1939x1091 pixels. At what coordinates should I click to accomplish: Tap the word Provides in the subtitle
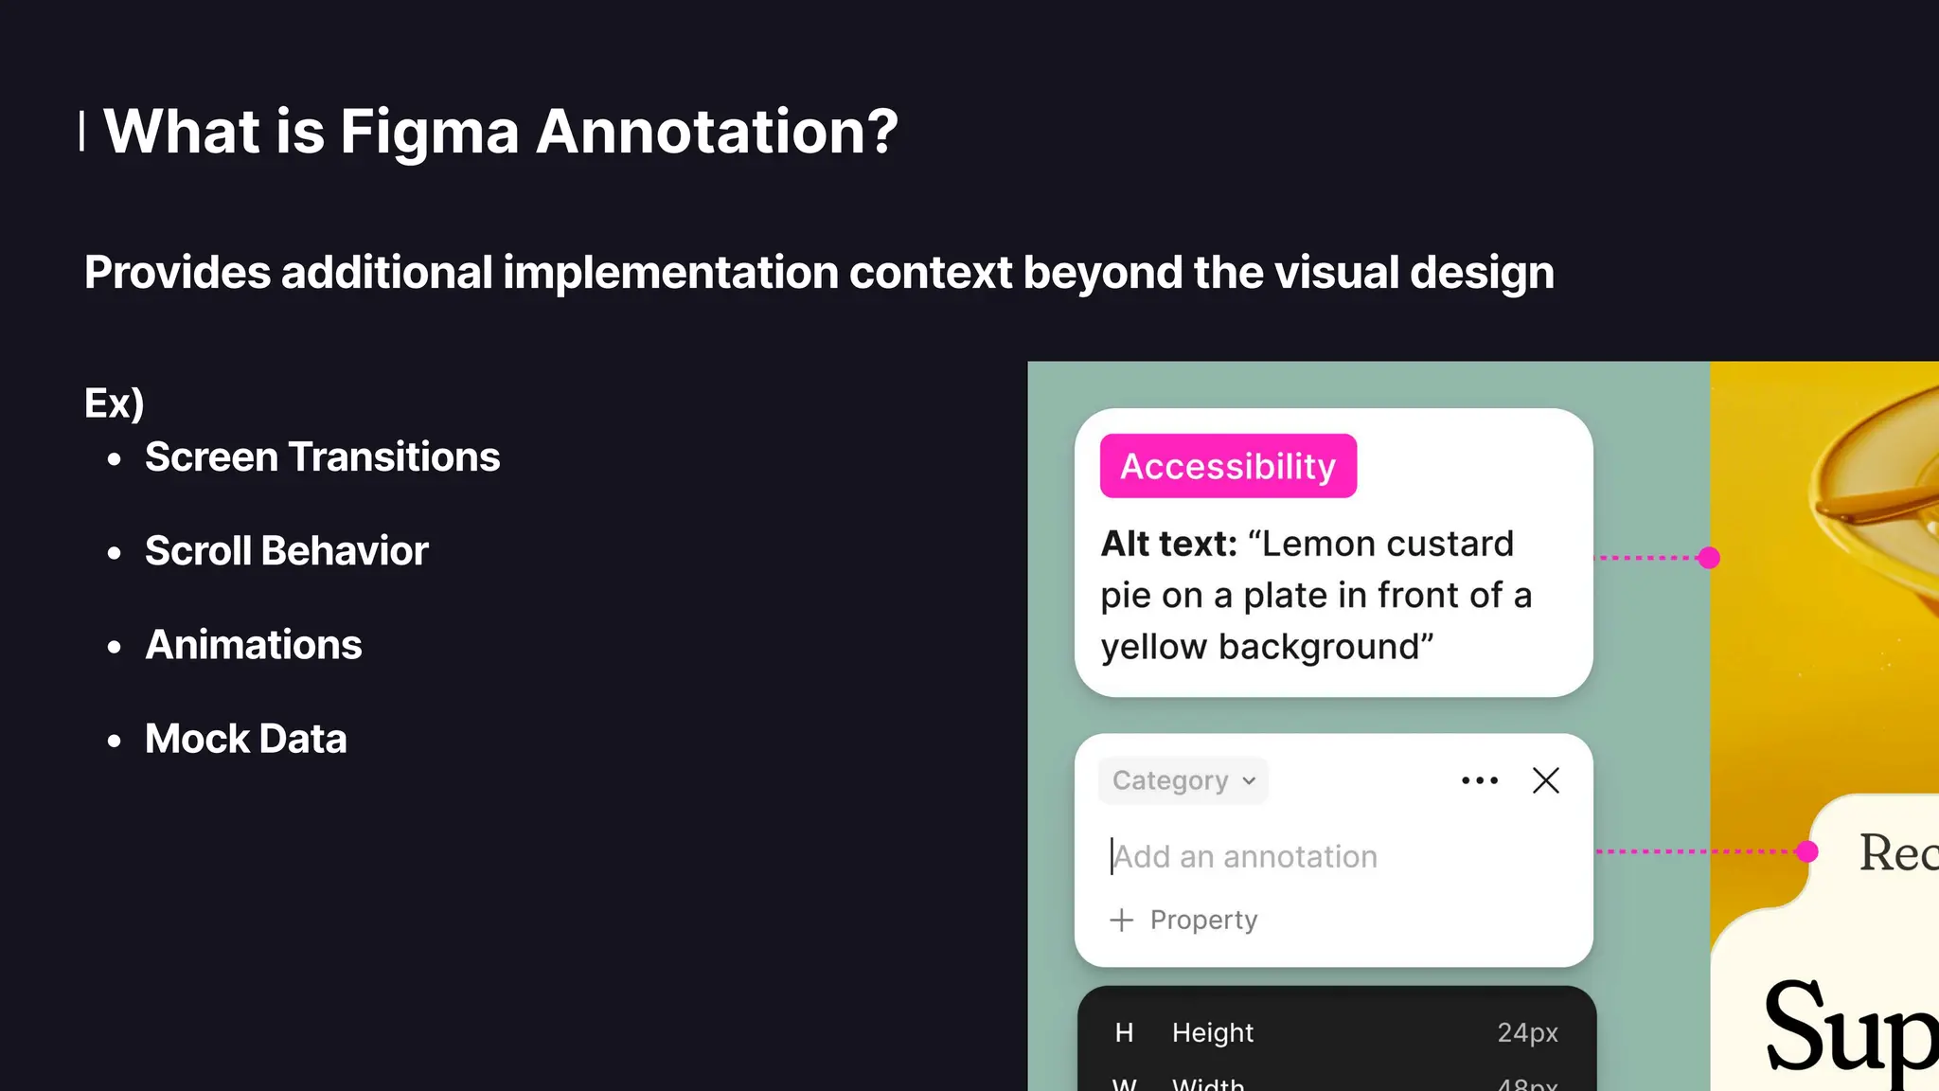(177, 273)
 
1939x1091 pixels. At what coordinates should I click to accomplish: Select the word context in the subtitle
(931, 273)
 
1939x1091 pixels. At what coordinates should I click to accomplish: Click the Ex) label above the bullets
(114, 403)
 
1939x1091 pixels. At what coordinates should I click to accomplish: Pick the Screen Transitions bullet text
(322, 457)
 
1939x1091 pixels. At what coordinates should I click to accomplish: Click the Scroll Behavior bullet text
(286, 551)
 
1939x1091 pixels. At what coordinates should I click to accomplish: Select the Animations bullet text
(253, 645)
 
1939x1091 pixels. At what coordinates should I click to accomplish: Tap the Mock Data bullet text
(245, 739)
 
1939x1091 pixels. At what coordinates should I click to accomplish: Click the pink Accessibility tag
(1228, 466)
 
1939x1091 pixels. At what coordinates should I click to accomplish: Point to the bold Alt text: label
(1168, 545)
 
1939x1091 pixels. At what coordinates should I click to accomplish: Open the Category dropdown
(1183, 780)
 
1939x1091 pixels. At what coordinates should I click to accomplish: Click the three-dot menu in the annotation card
(1479, 780)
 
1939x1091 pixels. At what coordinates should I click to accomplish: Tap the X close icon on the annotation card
(1545, 780)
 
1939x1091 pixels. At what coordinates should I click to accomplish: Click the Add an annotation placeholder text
(1245, 857)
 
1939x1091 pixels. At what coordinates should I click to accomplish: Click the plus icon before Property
(1121, 920)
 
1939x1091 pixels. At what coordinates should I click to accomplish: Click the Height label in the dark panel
(1212, 1032)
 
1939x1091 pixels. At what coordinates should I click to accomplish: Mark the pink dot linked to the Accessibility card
(1709, 558)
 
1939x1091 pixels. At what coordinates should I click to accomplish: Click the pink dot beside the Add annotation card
(1807, 851)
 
